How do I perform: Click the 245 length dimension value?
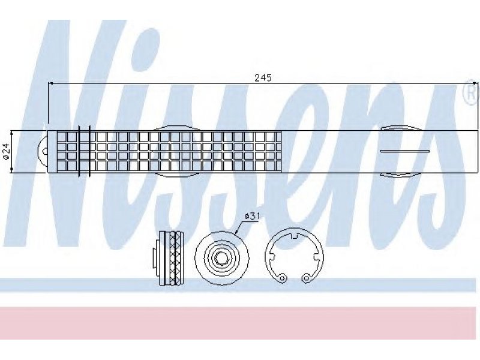[263, 78]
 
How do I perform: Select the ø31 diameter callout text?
[252, 217]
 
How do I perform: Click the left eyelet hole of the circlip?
[283, 278]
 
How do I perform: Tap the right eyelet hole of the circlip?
[305, 278]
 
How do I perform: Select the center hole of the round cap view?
[221, 259]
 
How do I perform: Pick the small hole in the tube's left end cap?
[46, 151]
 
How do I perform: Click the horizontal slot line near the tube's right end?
[404, 151]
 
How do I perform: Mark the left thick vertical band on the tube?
[79, 151]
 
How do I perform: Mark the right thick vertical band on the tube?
[89, 151]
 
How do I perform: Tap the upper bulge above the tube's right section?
[401, 128]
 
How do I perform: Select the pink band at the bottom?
[240, 323]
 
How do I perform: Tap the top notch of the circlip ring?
[294, 236]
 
